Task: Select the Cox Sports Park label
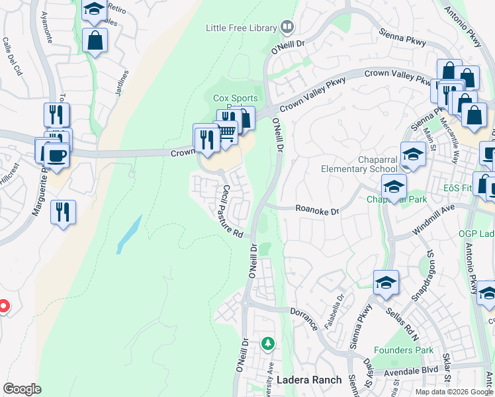tap(234, 99)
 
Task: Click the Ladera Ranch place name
tap(309, 380)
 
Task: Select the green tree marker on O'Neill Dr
tap(267, 343)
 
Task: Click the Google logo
tap(22, 389)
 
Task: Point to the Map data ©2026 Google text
tap(453, 392)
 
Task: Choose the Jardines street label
tap(122, 83)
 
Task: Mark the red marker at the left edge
tap(3, 306)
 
